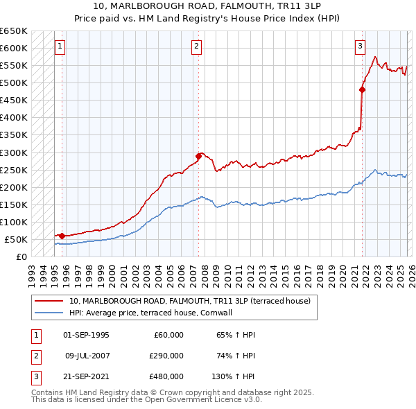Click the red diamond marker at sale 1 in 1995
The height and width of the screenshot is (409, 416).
(62, 236)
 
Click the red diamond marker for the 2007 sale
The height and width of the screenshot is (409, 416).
(198, 156)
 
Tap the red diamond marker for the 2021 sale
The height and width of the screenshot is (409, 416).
(362, 89)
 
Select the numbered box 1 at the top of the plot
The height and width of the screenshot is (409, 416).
(60, 46)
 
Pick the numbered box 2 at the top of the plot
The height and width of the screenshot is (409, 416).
(197, 46)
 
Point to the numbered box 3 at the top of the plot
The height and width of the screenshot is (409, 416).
(361, 46)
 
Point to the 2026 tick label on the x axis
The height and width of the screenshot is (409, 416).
(410, 270)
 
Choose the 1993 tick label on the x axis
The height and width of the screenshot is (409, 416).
(31, 270)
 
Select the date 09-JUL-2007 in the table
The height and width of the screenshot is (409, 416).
(86, 356)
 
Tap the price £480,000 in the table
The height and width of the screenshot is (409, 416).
(166, 376)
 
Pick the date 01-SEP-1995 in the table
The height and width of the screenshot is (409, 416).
(86, 335)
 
